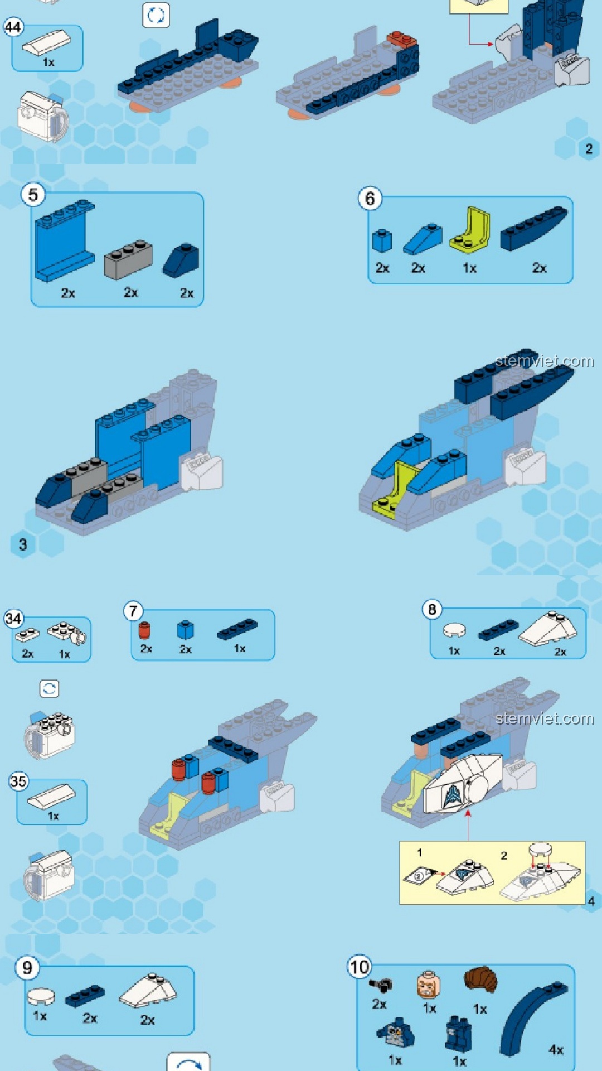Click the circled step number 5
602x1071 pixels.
coord(33,195)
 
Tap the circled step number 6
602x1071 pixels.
coord(370,199)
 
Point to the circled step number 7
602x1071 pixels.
coord(133,611)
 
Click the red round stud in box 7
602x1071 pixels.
coord(144,631)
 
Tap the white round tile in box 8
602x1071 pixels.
coord(454,630)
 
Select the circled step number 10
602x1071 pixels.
coord(360,967)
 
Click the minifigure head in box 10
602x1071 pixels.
coord(428,985)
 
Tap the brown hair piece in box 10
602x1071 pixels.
coord(481,980)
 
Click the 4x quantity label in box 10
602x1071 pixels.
coord(556,1050)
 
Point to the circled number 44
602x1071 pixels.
coord(13,27)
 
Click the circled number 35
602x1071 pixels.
coord(18,781)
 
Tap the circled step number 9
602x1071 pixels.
coord(27,968)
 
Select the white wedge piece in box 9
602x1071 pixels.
coord(148,991)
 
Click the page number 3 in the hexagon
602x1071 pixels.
coord(23,544)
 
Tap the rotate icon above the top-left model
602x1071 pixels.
coord(156,16)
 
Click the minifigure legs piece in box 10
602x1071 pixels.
coord(458,1034)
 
